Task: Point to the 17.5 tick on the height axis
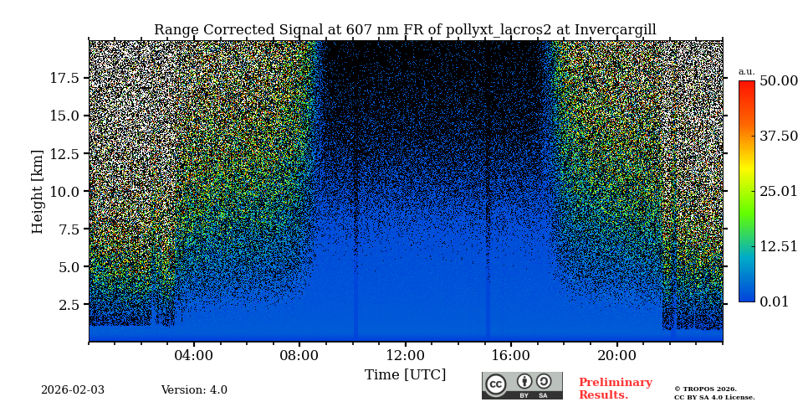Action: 64,78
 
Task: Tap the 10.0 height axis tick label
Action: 64,191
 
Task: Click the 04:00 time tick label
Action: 194,355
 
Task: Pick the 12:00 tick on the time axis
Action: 406,355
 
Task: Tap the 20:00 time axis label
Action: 616,355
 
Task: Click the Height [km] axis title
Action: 38,191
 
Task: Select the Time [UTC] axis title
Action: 406,375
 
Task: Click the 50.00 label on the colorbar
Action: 778,81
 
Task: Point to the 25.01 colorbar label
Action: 778,192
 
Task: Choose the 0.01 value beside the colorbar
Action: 774,301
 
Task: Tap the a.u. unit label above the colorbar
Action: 746,72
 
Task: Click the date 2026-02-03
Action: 73,390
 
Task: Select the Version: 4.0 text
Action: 194,390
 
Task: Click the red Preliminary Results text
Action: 615,389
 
